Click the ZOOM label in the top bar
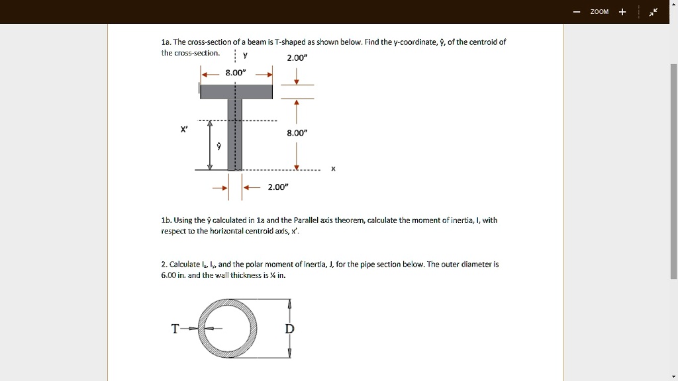pos(599,12)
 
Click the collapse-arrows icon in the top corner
pos(654,12)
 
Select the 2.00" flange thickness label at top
pos(296,58)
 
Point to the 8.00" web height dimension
pos(296,133)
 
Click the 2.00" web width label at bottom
pos(277,187)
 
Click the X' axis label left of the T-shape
pos(184,129)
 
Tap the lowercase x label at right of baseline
pos(333,169)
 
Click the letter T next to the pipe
pos(175,329)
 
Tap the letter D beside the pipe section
pos(289,329)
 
